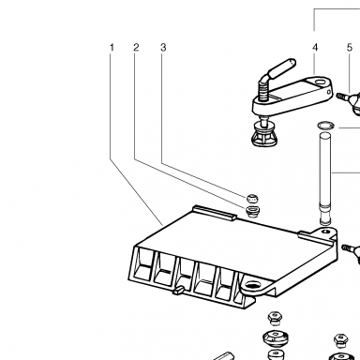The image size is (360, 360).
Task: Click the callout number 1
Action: click(112, 48)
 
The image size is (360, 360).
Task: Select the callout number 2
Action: click(136, 48)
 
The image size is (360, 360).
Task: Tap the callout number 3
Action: click(163, 48)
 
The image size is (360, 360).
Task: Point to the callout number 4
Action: click(315, 48)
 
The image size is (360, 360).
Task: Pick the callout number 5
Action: click(350, 48)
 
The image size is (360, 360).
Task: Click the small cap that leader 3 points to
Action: click(252, 198)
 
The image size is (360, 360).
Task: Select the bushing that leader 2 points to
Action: click(252, 211)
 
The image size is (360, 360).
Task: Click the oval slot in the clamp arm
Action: click(320, 82)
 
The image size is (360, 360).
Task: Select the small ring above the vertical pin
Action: click(325, 126)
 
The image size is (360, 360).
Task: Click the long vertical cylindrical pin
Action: click(325, 178)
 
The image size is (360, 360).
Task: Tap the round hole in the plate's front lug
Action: click(251, 285)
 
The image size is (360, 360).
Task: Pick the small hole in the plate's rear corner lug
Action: click(326, 232)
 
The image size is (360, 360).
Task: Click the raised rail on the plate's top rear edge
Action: click(215, 213)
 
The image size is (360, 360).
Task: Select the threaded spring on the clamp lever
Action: click(263, 90)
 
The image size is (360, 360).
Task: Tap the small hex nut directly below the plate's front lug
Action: click(275, 318)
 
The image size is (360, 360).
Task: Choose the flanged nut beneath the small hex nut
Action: click(276, 338)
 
